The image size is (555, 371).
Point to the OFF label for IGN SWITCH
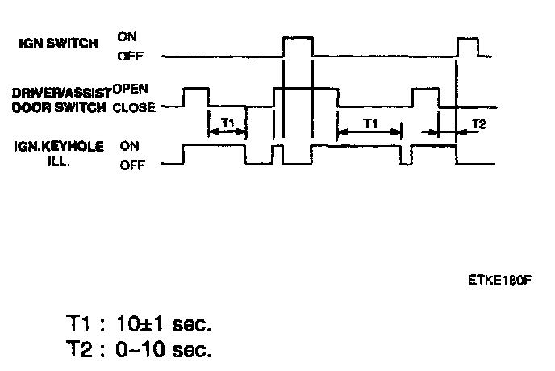(130, 56)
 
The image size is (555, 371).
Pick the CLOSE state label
(134, 107)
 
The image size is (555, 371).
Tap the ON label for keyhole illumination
(129, 146)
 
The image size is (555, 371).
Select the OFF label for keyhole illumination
(131, 166)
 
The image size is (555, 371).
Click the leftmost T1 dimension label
(227, 123)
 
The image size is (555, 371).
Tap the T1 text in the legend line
(79, 327)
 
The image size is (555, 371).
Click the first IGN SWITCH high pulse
(298, 38)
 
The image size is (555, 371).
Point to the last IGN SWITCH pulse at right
(467, 38)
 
